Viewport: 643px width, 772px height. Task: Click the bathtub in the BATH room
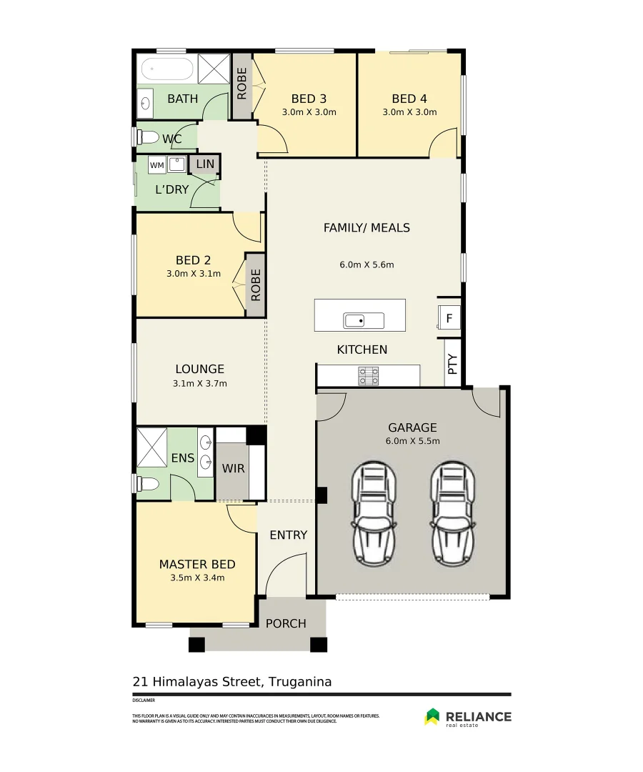(x=166, y=71)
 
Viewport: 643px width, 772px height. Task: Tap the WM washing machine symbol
(x=156, y=165)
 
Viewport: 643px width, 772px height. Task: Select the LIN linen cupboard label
(x=205, y=164)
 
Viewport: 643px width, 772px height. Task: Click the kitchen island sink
(x=354, y=320)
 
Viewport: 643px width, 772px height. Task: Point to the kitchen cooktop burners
(x=369, y=376)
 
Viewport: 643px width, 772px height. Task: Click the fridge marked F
(x=449, y=317)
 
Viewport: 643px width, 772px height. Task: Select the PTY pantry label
(x=452, y=366)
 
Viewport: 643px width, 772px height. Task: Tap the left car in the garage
(x=374, y=512)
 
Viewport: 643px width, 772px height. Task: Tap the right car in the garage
(x=453, y=512)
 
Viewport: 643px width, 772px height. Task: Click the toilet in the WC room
(x=147, y=137)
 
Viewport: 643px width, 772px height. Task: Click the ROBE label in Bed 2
(x=256, y=284)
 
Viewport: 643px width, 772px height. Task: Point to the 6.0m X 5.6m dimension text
(x=367, y=264)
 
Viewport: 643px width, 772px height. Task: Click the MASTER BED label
(x=197, y=564)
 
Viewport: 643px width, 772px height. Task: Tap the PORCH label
(x=286, y=623)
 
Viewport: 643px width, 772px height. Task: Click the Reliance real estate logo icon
(x=432, y=716)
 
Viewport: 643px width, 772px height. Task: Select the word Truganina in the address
(x=299, y=681)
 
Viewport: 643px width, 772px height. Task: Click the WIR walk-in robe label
(x=234, y=469)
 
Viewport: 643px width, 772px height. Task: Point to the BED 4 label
(x=409, y=99)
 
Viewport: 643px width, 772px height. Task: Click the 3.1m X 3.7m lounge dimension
(x=200, y=383)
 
